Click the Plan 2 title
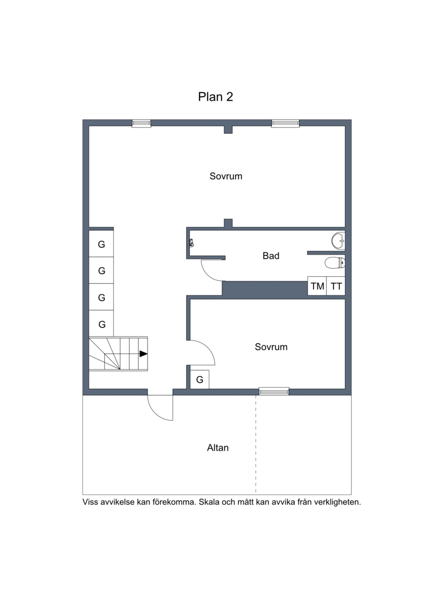215,97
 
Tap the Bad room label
271,256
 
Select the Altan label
218,447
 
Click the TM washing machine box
317,286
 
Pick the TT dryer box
336,286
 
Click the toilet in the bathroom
335,263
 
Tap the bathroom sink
338,241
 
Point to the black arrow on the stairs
144,353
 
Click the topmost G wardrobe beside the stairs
101,244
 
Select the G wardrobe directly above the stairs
101,324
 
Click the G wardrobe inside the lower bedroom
200,379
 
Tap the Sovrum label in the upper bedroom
226,176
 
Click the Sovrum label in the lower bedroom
271,347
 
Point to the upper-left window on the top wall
141,123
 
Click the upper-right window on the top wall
286,123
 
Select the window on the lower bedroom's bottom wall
274,391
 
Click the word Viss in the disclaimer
90,502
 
